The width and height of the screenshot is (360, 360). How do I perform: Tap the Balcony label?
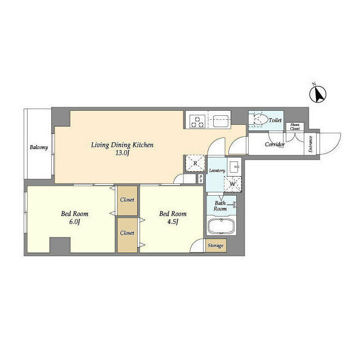38,147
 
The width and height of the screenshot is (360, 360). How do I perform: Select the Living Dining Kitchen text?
123,145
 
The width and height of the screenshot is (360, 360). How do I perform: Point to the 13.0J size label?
123,153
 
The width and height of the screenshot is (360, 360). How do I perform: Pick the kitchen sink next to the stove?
219,120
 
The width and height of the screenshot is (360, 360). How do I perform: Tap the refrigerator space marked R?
194,163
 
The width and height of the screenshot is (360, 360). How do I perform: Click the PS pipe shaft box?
201,178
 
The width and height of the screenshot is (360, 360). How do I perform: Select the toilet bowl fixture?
259,120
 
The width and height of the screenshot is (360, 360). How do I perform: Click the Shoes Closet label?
295,127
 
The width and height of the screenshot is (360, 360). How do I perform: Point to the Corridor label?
275,145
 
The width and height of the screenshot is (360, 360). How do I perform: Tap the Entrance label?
310,145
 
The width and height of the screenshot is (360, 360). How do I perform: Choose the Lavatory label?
217,170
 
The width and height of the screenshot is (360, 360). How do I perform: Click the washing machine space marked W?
233,183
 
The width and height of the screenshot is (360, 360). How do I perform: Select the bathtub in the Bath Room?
221,228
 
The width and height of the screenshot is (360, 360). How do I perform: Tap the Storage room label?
215,246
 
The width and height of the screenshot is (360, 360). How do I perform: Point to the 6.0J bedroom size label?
74,222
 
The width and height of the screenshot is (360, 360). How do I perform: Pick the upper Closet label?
127,199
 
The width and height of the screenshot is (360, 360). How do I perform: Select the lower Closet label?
127,232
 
